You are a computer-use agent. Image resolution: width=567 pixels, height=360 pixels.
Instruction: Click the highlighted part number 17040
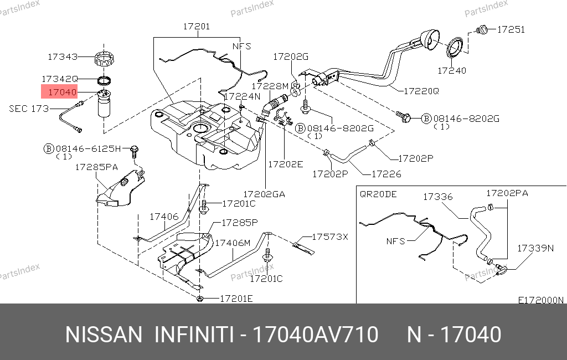click(x=61, y=92)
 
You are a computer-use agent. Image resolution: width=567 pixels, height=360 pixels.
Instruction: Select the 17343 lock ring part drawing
click(x=105, y=58)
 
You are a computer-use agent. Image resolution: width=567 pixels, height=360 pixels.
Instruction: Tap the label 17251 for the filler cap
click(x=511, y=29)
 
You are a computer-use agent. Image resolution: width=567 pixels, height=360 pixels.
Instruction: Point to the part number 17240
click(x=452, y=71)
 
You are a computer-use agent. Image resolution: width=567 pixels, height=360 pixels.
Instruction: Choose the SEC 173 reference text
click(x=29, y=109)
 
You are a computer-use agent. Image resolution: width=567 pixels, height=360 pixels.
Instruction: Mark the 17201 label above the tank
click(x=197, y=25)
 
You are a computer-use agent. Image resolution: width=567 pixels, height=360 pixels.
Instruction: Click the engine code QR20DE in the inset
click(x=378, y=194)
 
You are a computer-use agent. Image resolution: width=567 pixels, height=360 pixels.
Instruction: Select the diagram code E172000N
click(x=540, y=300)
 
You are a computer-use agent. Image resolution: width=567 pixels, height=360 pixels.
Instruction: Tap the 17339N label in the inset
click(x=535, y=248)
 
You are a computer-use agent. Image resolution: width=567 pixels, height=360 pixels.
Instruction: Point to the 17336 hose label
click(x=438, y=197)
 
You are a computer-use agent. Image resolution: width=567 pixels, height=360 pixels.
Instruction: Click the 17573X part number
click(x=329, y=236)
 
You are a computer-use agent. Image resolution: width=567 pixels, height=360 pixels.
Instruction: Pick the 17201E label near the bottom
click(x=236, y=299)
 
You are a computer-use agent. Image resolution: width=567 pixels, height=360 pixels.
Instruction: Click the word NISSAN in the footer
click(x=104, y=335)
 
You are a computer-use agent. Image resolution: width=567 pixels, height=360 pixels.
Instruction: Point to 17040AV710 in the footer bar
click(x=315, y=335)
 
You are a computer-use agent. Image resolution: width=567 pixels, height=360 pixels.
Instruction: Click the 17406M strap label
click(x=233, y=243)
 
